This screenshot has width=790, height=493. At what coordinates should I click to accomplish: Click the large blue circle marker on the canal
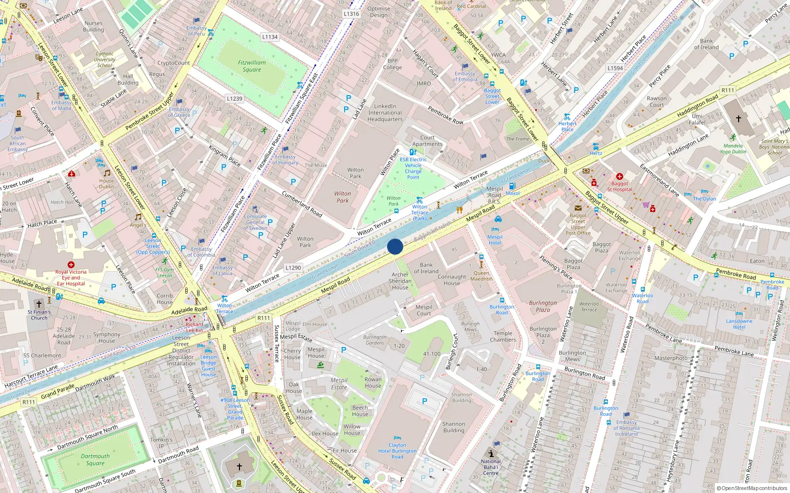tap(395, 246)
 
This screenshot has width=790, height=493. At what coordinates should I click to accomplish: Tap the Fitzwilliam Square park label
tap(252, 66)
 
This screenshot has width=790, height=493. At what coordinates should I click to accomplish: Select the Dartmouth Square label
tap(95, 459)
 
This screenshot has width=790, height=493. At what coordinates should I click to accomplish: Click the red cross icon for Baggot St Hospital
tap(619, 176)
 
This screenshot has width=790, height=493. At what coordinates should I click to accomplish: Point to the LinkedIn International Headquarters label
tap(385, 112)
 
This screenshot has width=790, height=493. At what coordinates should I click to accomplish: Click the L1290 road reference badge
tap(293, 268)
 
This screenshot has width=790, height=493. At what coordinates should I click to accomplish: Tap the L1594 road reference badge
tap(615, 68)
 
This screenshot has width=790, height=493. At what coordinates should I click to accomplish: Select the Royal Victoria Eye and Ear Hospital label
tap(71, 278)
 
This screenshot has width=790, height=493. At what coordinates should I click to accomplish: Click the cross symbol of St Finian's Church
tap(39, 304)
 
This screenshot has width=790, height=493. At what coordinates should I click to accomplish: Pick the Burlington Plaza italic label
tap(543, 306)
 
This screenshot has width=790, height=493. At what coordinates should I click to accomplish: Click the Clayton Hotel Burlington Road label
tap(397, 451)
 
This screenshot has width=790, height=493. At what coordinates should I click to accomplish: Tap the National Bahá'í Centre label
tap(491, 467)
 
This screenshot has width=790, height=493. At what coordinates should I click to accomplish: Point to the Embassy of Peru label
tap(197, 31)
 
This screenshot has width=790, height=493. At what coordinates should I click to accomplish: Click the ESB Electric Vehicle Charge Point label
tap(413, 168)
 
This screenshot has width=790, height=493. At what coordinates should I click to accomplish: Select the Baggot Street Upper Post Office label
tap(578, 224)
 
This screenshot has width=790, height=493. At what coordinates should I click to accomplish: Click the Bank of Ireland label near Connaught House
tap(426, 268)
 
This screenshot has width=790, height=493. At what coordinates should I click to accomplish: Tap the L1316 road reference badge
tap(351, 14)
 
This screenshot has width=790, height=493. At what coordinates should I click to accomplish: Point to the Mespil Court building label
tap(423, 310)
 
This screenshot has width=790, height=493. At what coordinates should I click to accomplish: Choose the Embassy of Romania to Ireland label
tap(626, 428)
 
